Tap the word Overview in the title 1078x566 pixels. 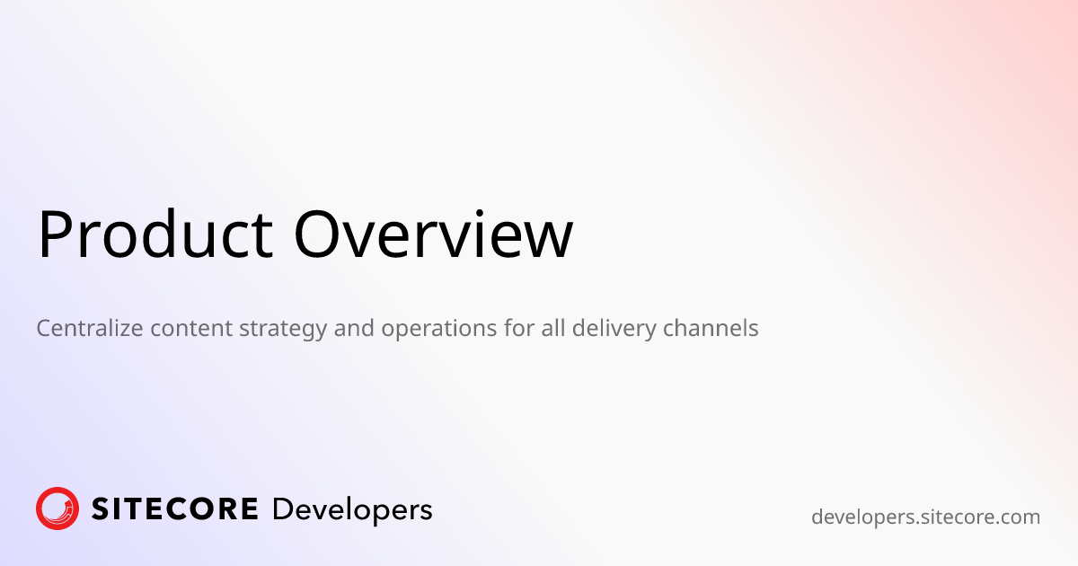[433, 234]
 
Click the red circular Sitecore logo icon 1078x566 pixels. [57, 509]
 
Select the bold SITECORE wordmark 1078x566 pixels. [175, 509]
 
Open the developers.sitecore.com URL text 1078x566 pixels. [925, 517]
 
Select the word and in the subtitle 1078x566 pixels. [355, 329]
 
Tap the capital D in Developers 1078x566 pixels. [283, 509]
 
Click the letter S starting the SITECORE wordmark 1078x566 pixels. [101, 509]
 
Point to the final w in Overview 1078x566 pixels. [548, 239]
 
